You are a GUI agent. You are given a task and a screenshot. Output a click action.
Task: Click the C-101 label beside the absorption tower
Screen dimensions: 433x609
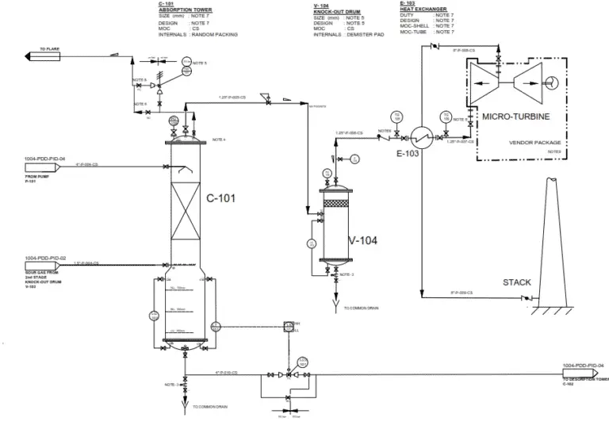222,198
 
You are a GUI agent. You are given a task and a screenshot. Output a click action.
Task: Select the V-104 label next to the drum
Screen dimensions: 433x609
364,240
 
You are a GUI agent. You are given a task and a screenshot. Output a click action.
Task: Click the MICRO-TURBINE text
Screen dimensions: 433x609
515,117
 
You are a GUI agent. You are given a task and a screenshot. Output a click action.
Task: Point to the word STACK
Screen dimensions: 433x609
517,282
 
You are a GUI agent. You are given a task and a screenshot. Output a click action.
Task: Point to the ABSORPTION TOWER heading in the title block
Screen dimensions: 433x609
183,10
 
